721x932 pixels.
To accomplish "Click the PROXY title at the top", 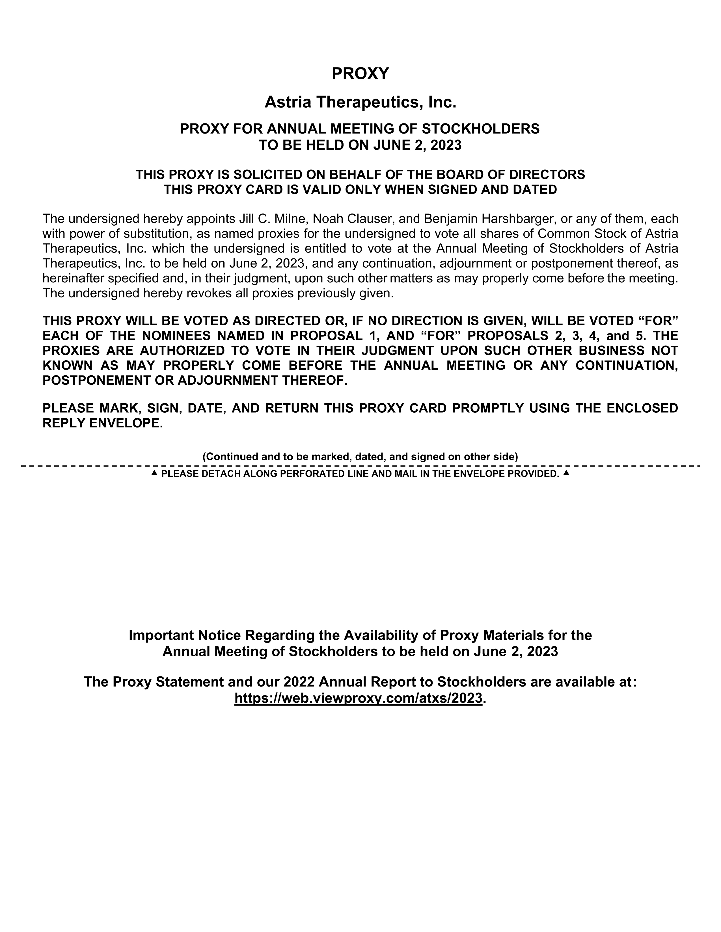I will pyautogui.click(x=360, y=73).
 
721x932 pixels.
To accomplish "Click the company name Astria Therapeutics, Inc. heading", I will pyautogui.click(x=360, y=102).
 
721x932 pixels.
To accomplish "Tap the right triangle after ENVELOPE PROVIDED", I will pyautogui.click(x=566, y=473).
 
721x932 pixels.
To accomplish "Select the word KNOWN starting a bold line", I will pyautogui.click(x=68, y=365).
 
